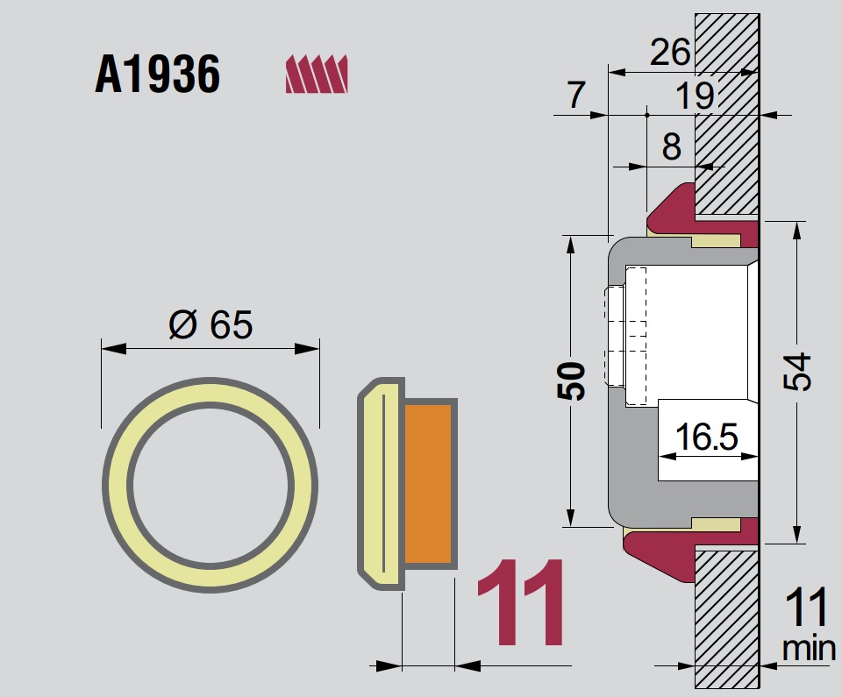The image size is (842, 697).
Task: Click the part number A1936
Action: (158, 75)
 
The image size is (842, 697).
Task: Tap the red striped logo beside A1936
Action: (317, 74)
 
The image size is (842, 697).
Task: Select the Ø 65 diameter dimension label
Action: (210, 325)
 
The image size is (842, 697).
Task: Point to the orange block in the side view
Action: (430, 483)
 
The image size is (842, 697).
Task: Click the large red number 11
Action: (521, 605)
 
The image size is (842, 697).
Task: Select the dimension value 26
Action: (669, 54)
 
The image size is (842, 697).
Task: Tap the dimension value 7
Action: (574, 96)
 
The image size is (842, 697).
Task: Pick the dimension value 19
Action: (695, 96)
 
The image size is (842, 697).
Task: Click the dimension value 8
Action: (671, 146)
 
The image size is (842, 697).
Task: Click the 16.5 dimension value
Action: (705, 436)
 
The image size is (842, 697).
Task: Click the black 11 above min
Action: (806, 608)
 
